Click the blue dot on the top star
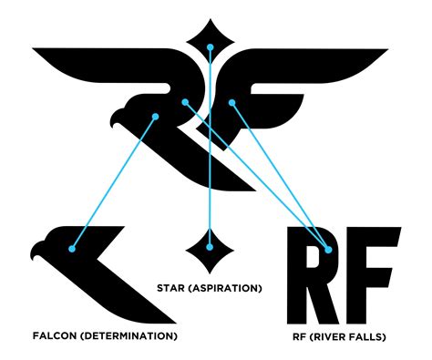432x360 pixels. (x=211, y=47)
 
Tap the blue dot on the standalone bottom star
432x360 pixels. (x=210, y=247)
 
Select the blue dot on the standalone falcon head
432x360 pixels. (x=72, y=249)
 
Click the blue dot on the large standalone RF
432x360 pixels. (x=328, y=250)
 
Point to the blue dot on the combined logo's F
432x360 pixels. (x=232, y=103)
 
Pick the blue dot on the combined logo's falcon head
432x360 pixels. (x=156, y=117)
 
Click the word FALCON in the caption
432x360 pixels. (x=55, y=336)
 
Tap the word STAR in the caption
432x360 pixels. (x=170, y=288)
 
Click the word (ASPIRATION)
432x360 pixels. (x=225, y=288)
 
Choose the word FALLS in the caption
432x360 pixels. (x=365, y=337)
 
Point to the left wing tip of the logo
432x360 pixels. (x=34, y=49)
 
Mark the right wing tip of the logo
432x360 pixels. (x=386, y=49)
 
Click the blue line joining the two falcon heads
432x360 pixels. (x=114, y=182)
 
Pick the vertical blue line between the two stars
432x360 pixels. (x=210, y=147)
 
